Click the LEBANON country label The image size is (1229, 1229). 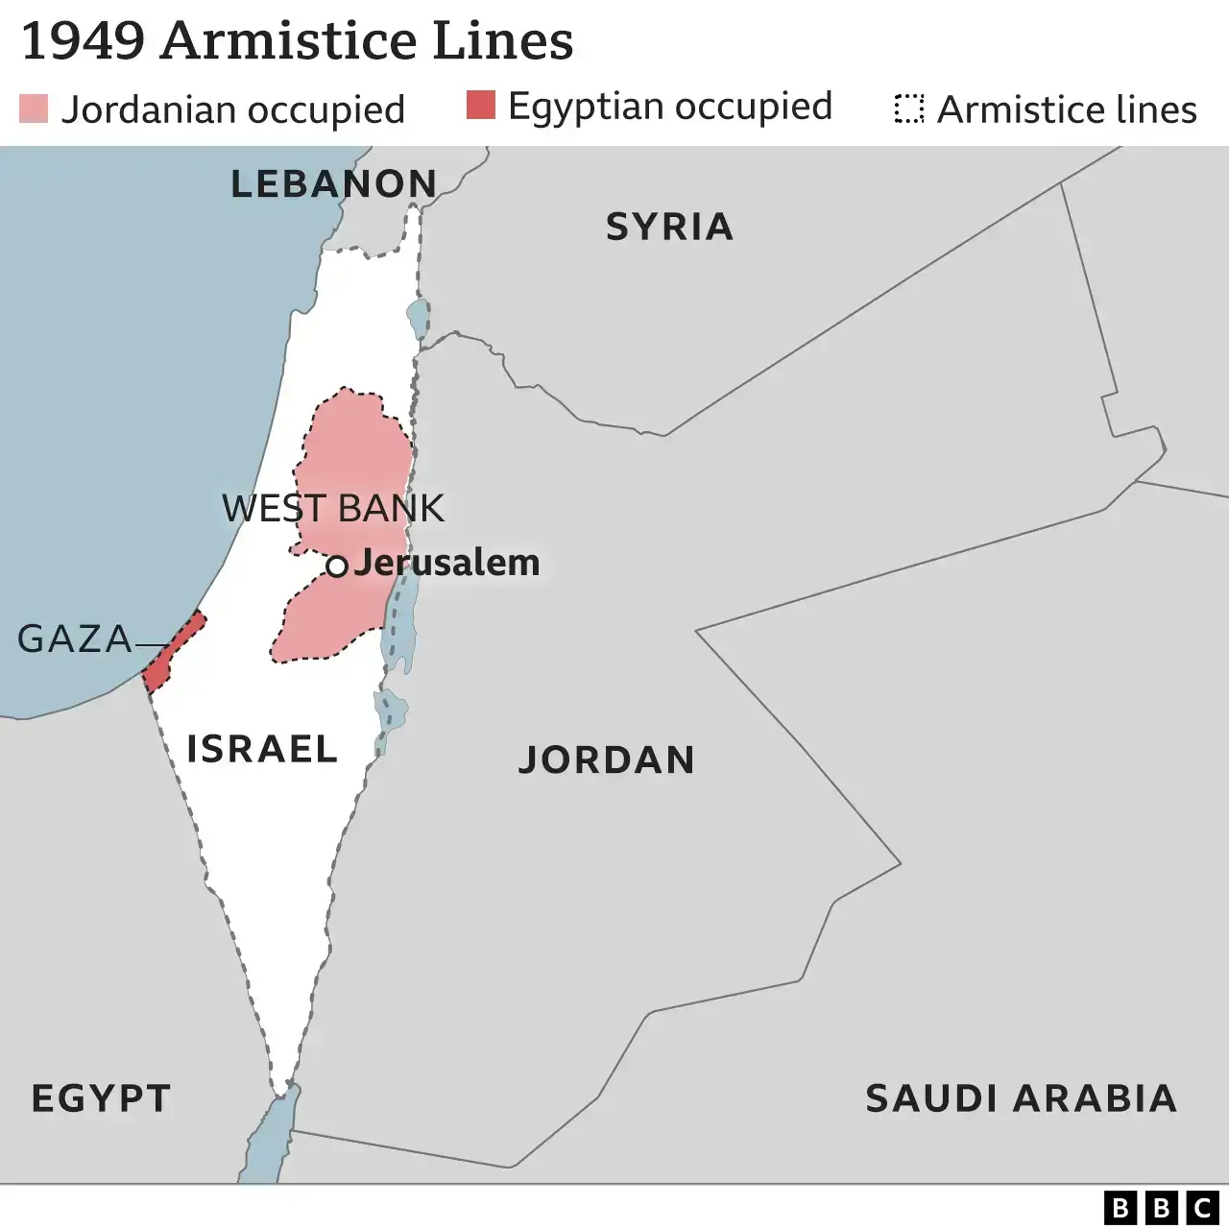tap(334, 183)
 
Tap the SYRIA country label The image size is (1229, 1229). tap(669, 227)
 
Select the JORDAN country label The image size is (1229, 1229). tap(607, 759)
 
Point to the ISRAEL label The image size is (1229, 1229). tap(262, 748)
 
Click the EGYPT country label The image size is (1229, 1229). tap(101, 1097)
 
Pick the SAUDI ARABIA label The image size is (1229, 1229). tap(1021, 1097)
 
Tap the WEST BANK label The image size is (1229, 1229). tap(333, 508)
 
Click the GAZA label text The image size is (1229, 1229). tap(75, 639)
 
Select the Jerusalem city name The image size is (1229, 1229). tap(446, 563)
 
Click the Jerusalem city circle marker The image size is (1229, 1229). tap(336, 566)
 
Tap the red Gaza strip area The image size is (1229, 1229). tap(174, 652)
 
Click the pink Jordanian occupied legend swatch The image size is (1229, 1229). tap(34, 108)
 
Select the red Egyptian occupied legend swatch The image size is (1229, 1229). tap(481, 105)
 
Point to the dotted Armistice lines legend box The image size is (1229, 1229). tap(908, 109)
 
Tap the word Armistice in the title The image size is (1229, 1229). tap(289, 40)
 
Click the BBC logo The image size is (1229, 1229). tap(1160, 1207)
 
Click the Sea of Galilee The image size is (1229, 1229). tap(418, 317)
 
